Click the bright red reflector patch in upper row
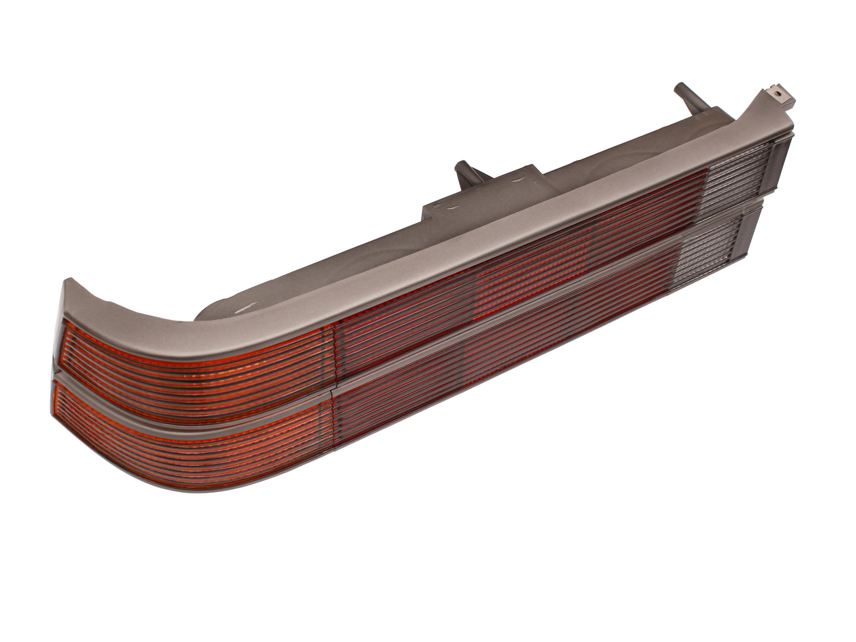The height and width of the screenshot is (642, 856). (x=533, y=261)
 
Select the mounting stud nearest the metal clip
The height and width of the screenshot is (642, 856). (x=684, y=98)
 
